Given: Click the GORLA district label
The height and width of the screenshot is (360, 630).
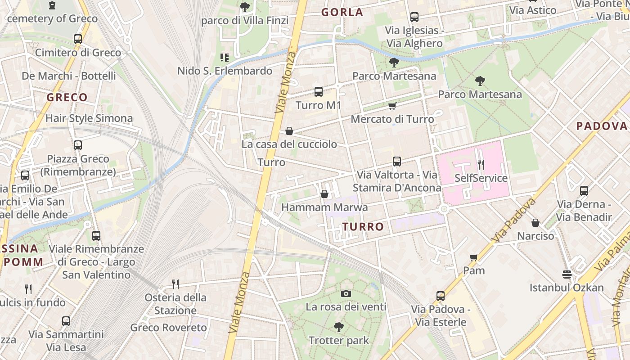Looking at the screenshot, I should pyautogui.click(x=342, y=12).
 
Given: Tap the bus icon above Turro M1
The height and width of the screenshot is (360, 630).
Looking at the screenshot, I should pyautogui.click(x=319, y=92).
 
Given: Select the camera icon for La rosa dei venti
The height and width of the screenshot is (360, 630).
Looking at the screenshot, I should pyautogui.click(x=346, y=294).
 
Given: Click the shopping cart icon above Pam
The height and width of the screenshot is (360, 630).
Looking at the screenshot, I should pyautogui.click(x=473, y=257).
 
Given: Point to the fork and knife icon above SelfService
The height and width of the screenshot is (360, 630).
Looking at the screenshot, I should pyautogui.click(x=481, y=164).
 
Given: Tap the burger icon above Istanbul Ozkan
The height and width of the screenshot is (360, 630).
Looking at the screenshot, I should pyautogui.click(x=567, y=274).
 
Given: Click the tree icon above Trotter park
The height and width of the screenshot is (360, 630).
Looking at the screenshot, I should pyautogui.click(x=338, y=327).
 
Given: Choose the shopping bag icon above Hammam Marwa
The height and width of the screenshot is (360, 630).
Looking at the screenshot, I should pyautogui.click(x=324, y=194).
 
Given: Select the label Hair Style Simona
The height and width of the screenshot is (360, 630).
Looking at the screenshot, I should pyautogui.click(x=89, y=118).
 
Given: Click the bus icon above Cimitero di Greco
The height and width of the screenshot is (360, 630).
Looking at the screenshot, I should pyautogui.click(x=78, y=39).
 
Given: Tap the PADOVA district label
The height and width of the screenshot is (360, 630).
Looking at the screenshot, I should pyautogui.click(x=602, y=126).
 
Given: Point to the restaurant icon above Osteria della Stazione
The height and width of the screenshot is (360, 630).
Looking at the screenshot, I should pyautogui.click(x=175, y=284).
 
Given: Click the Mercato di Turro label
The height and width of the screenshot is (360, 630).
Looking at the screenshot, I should pyautogui.click(x=392, y=119).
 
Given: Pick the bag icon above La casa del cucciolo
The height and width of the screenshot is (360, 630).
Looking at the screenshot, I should pyautogui.click(x=289, y=131).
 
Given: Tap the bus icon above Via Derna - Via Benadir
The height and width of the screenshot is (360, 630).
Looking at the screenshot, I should pyautogui.click(x=584, y=190).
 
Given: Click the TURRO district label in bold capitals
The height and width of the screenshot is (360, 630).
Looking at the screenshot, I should pyautogui.click(x=363, y=227).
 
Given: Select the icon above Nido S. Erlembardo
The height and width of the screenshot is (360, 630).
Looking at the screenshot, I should pyautogui.click(x=224, y=57).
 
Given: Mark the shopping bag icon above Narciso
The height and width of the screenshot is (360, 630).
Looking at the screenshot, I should pyautogui.click(x=535, y=223).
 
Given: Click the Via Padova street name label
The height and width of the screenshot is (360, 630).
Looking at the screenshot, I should pyautogui.click(x=514, y=220).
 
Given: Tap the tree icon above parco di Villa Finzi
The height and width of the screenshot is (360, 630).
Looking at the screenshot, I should pyautogui.click(x=244, y=7).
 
